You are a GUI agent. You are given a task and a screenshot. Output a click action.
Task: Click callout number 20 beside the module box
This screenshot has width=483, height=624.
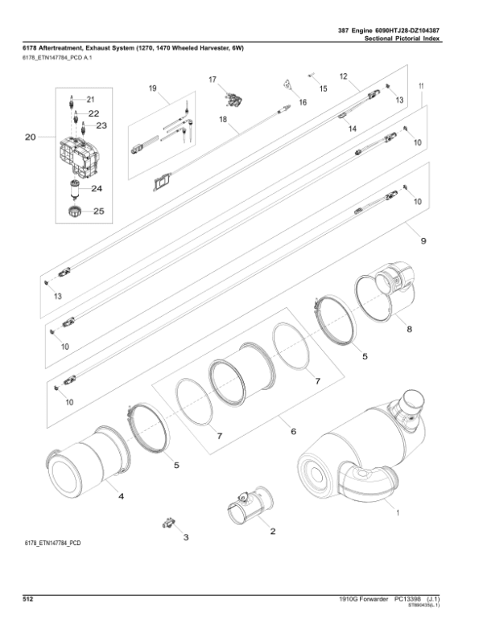(x=31, y=138)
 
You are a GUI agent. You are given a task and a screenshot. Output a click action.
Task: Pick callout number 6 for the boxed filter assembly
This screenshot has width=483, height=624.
(x=293, y=432)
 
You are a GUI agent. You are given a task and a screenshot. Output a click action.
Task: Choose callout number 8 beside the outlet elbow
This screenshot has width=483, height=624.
(x=409, y=329)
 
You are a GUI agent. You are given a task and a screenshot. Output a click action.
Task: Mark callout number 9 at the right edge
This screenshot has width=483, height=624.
(x=422, y=240)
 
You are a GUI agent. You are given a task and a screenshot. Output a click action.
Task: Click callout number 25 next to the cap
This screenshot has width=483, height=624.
(x=99, y=211)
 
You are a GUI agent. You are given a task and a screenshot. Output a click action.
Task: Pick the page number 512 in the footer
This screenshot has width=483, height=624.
(x=27, y=599)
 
